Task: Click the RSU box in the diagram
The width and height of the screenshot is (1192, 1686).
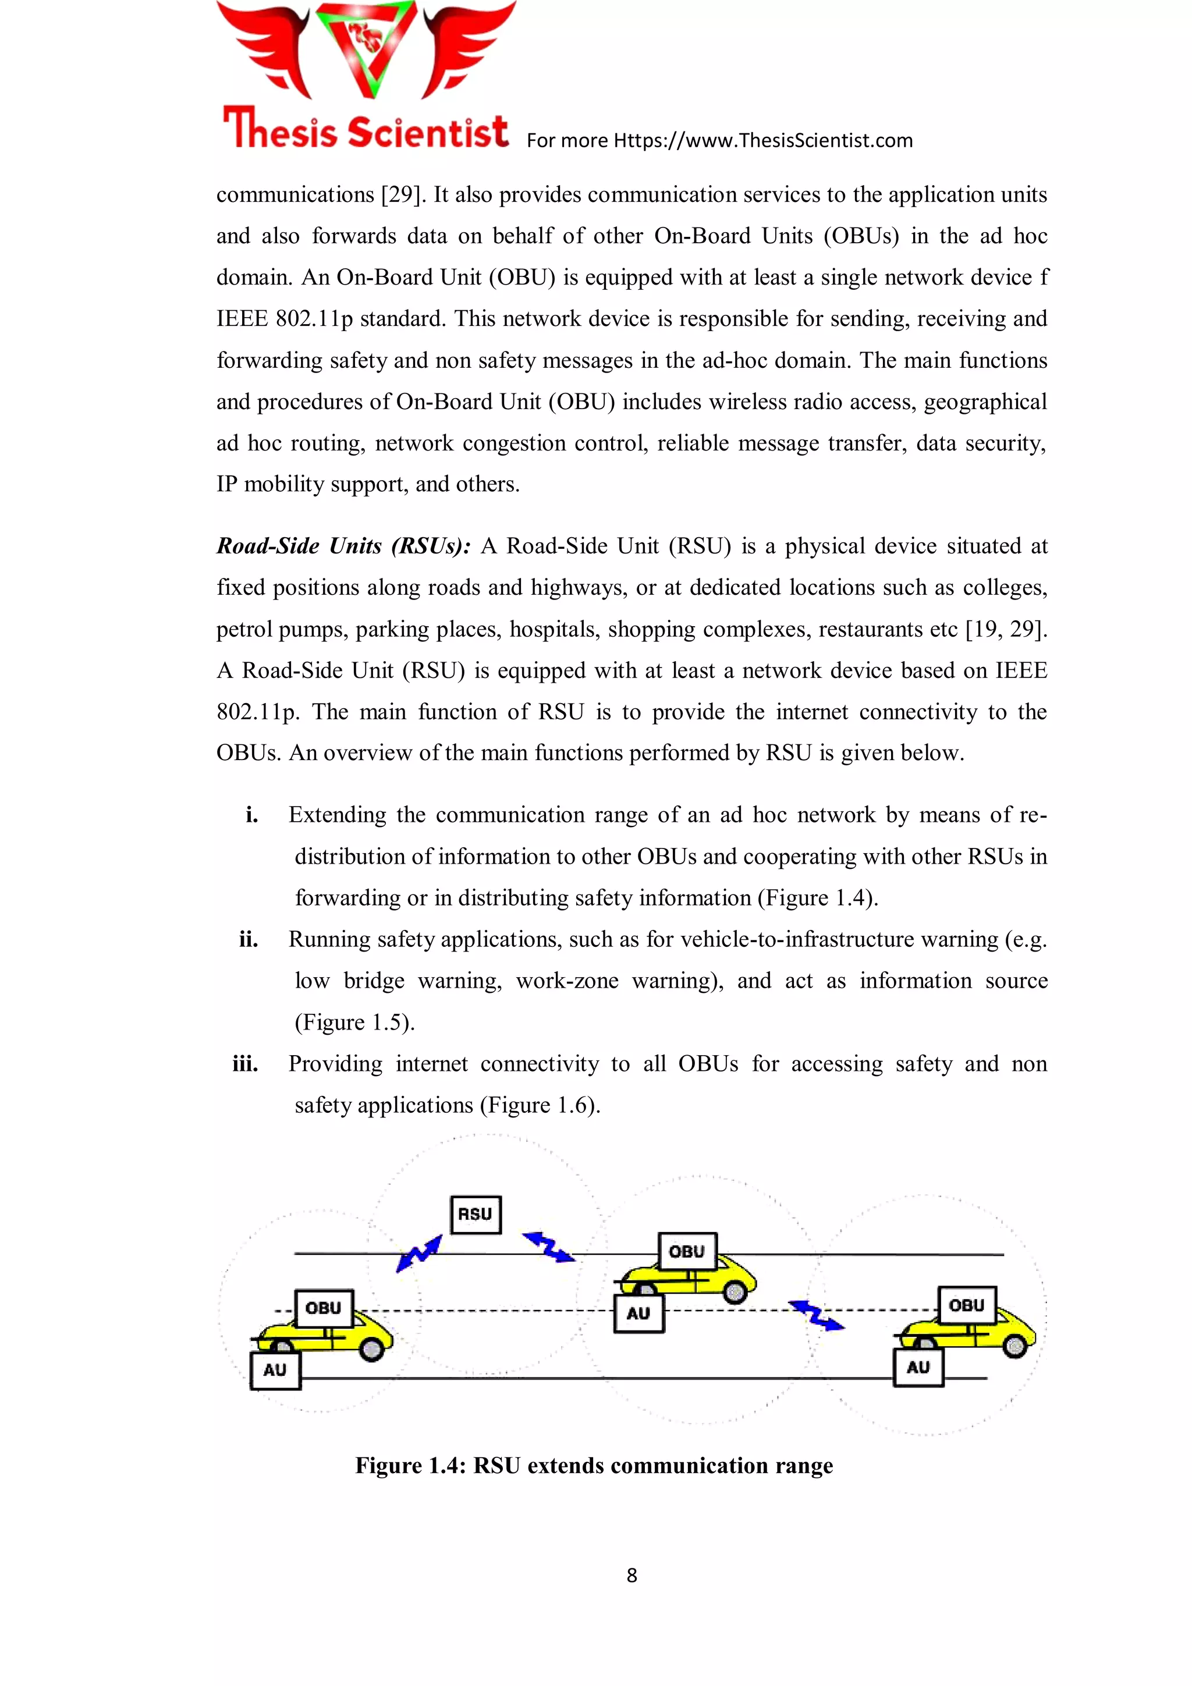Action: [475, 1215]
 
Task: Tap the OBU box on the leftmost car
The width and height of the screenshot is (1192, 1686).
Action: [323, 1308]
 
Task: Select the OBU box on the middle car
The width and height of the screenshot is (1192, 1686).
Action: [687, 1251]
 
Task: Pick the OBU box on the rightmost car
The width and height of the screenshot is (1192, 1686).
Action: [967, 1305]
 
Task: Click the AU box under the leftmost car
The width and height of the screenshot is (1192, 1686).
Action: [275, 1370]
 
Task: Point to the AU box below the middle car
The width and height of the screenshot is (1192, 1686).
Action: [638, 1314]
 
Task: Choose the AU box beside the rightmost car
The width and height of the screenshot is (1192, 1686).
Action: [918, 1367]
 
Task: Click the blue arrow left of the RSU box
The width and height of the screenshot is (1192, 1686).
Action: [418, 1254]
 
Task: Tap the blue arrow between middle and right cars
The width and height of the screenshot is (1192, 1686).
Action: [817, 1315]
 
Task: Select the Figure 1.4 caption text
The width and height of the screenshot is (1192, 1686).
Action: [594, 1465]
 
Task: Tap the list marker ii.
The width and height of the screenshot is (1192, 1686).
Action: [249, 939]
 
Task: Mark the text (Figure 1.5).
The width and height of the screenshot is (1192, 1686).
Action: [354, 1022]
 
